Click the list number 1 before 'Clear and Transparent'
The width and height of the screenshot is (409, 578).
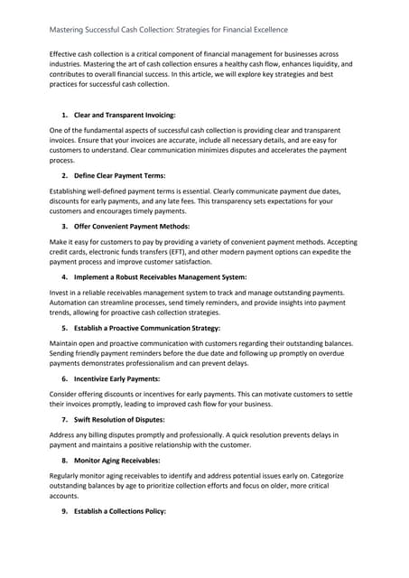coord(65,117)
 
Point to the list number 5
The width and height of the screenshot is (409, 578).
coord(65,327)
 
